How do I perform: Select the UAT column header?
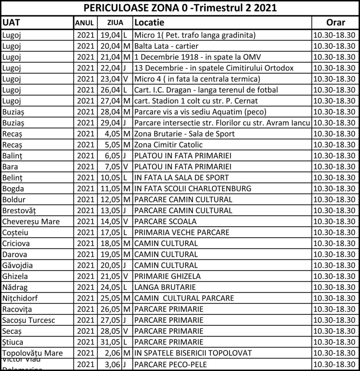11,22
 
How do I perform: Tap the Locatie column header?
149,22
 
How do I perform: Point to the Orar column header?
335,22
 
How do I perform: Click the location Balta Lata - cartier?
166,46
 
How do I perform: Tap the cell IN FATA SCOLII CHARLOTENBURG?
193,188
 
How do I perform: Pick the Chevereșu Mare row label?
31,221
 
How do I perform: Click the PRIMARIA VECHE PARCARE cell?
182,232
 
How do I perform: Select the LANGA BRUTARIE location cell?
165,287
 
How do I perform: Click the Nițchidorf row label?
20,298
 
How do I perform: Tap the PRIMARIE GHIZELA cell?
167,276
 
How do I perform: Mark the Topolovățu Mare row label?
32,353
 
